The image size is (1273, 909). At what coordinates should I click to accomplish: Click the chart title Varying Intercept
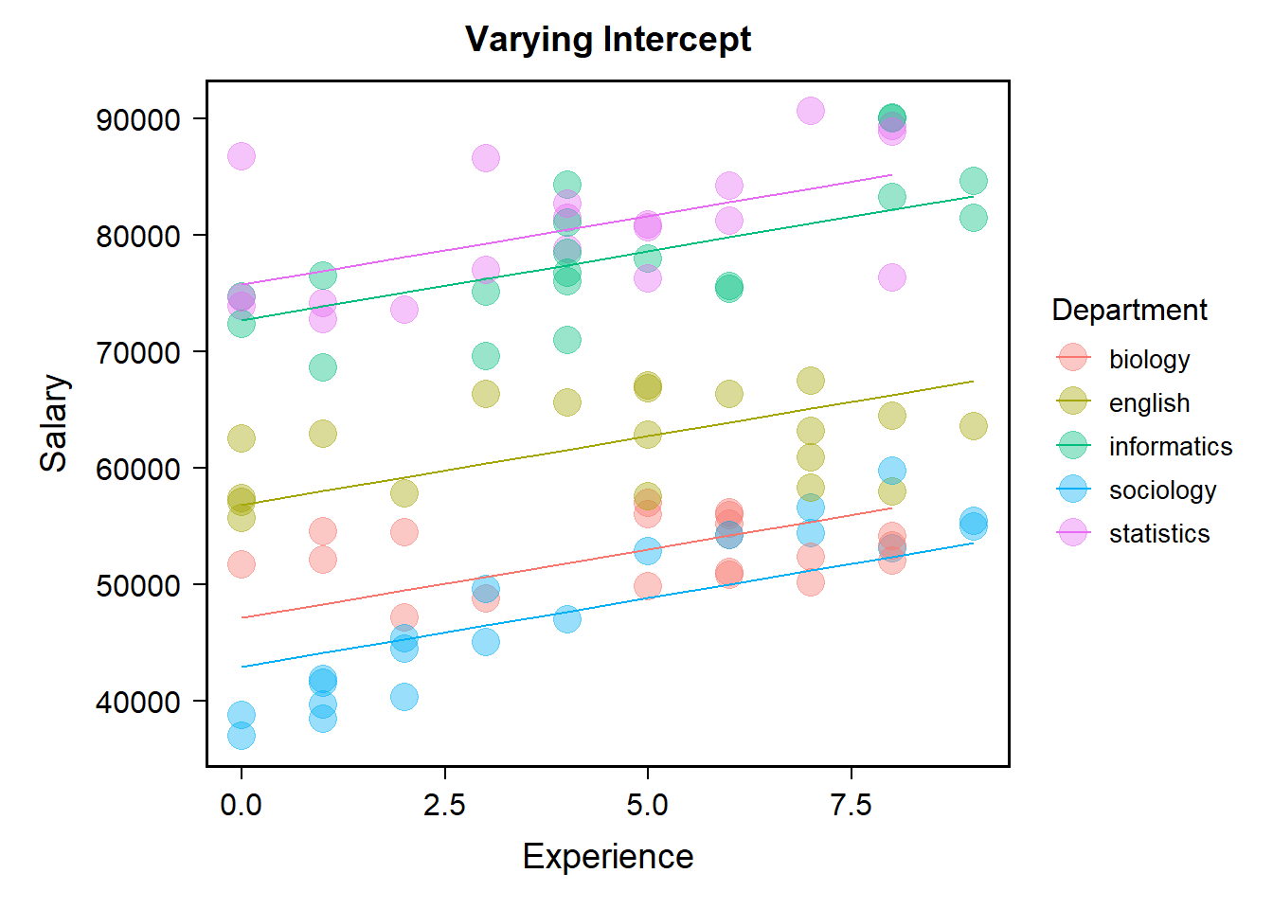point(608,40)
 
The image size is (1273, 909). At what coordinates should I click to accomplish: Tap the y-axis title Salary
point(54,423)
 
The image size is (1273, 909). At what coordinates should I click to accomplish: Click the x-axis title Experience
point(608,856)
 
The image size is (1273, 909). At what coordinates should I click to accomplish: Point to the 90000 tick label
point(138,119)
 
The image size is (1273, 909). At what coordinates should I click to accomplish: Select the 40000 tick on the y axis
point(138,702)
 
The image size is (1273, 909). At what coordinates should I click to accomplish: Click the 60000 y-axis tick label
point(138,469)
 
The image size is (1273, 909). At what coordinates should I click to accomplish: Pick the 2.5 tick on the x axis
point(444,805)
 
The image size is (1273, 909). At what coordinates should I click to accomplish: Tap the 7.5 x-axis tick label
point(851,805)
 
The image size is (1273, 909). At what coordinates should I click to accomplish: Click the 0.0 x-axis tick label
point(242,805)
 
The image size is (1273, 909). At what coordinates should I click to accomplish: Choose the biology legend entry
point(1149,359)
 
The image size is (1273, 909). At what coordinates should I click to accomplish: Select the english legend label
point(1149,402)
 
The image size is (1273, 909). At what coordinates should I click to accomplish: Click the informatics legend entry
point(1170,446)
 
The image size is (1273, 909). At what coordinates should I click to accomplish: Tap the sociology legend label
point(1162,490)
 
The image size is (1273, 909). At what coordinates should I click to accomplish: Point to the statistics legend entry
point(1158,533)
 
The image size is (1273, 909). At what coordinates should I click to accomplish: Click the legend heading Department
point(1129,310)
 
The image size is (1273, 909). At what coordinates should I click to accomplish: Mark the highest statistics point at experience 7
point(810,111)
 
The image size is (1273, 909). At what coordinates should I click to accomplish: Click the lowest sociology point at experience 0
point(242,735)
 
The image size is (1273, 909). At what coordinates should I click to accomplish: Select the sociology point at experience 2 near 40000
point(404,697)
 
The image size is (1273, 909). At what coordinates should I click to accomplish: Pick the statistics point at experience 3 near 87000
point(486,158)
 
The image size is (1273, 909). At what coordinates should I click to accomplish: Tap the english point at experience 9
point(973,426)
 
